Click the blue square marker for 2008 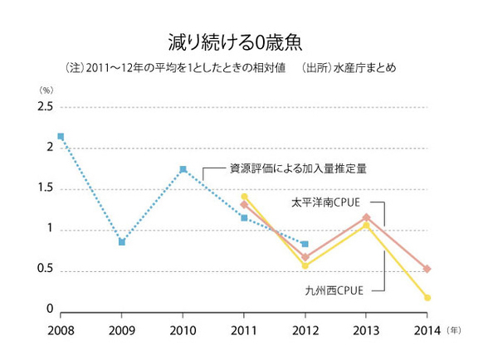click(x=61, y=136)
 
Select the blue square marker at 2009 click(x=122, y=242)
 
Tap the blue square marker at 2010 click(x=183, y=169)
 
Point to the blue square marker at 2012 click(x=305, y=244)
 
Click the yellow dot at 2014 click(x=427, y=297)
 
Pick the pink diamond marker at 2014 click(x=427, y=269)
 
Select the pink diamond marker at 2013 click(x=366, y=217)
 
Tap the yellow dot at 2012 click(x=305, y=265)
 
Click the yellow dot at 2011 click(x=244, y=197)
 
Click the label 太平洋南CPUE click(x=326, y=201)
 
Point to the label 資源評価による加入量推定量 click(x=298, y=169)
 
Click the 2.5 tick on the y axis click(x=44, y=107)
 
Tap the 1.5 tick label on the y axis click(x=44, y=188)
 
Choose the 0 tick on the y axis click(x=50, y=309)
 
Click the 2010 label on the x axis click(x=183, y=330)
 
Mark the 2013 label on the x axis click(x=366, y=330)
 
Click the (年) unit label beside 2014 click(x=453, y=330)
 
